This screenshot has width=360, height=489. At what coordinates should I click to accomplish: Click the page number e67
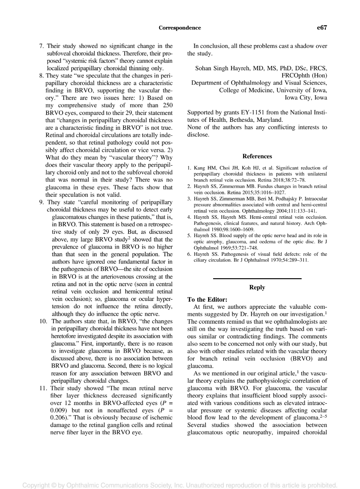point(321,28)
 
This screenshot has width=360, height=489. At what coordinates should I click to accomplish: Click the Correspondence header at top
point(180,28)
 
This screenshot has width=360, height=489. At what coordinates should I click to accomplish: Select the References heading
point(257,156)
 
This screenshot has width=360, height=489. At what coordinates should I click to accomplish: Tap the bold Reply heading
point(257,287)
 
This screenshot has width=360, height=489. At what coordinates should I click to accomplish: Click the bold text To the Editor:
point(207,299)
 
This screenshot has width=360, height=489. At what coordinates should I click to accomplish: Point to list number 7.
point(41,46)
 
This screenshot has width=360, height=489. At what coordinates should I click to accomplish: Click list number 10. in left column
point(44,321)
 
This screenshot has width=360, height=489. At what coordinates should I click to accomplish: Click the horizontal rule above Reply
point(257,279)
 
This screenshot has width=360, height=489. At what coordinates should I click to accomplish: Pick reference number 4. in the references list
point(189,217)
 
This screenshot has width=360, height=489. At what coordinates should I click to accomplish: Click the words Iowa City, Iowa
point(306,97)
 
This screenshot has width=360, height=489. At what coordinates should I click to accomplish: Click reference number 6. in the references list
point(189,254)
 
